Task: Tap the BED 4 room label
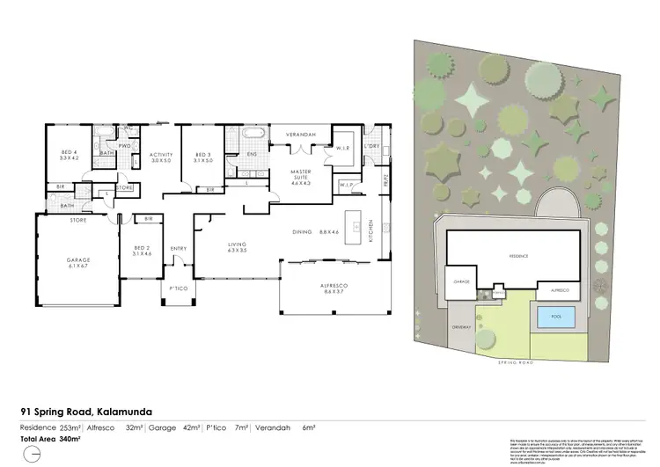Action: [x=69, y=155]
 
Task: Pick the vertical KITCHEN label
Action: [x=372, y=230]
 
